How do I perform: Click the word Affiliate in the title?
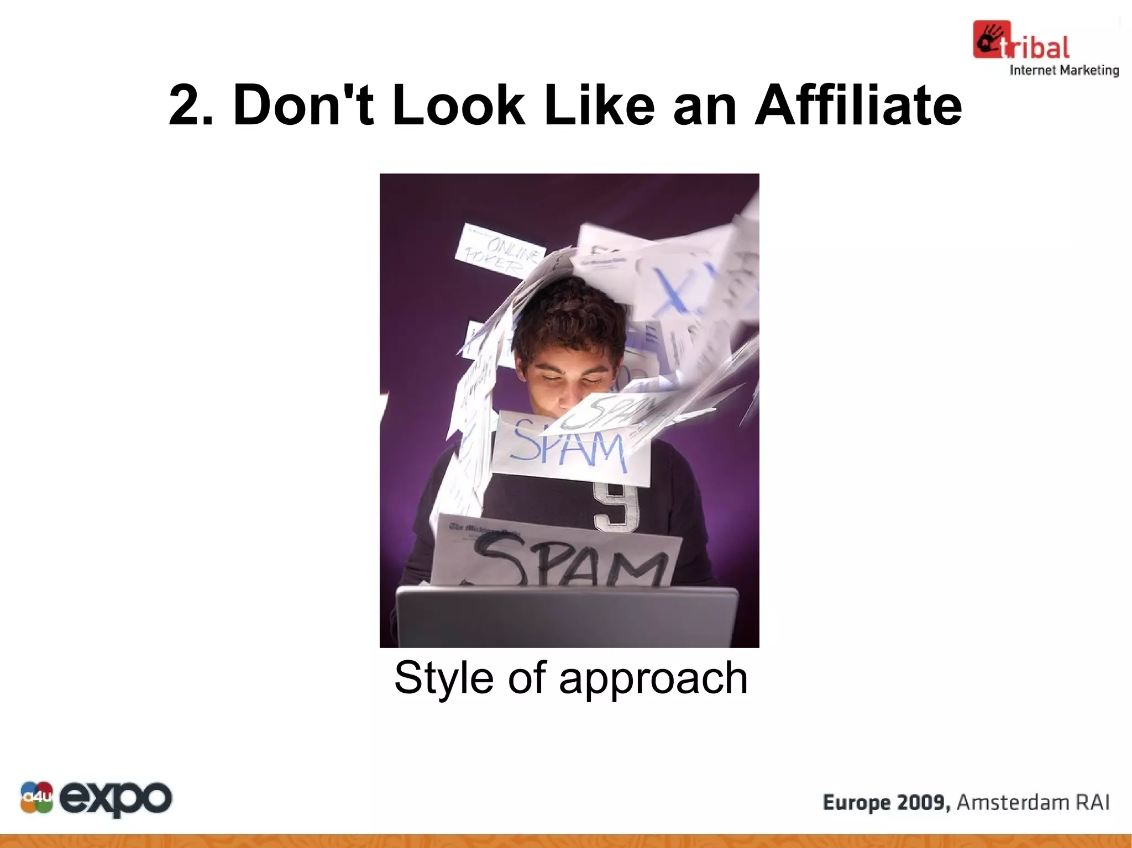point(858,105)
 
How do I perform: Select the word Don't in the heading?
point(303,105)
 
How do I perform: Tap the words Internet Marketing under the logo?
point(1064,70)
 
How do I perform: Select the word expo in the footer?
point(116,798)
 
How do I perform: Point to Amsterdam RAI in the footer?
point(1033,802)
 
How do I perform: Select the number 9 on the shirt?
point(616,506)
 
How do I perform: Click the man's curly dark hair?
point(569,320)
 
